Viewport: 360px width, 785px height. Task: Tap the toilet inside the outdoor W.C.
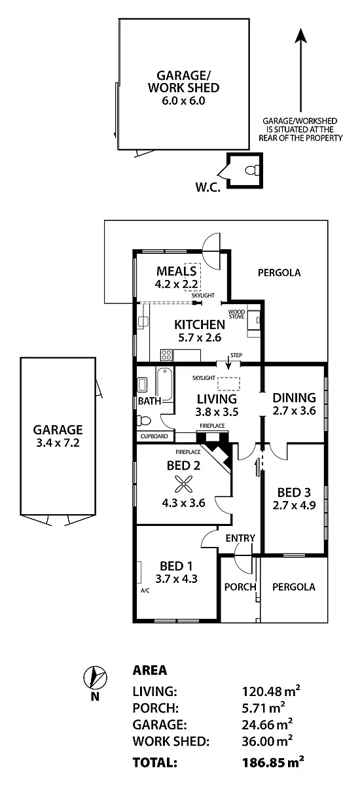(x=251, y=171)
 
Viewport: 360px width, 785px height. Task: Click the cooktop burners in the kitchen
(x=167, y=356)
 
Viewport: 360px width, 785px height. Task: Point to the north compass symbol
(x=95, y=676)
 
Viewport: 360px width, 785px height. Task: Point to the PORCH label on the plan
(x=240, y=587)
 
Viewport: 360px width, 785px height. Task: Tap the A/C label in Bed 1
(x=145, y=590)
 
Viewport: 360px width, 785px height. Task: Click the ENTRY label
(x=240, y=538)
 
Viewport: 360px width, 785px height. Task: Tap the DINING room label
(x=295, y=398)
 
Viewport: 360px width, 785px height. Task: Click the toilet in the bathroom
(x=144, y=421)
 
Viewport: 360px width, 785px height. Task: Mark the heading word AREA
(x=149, y=670)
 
